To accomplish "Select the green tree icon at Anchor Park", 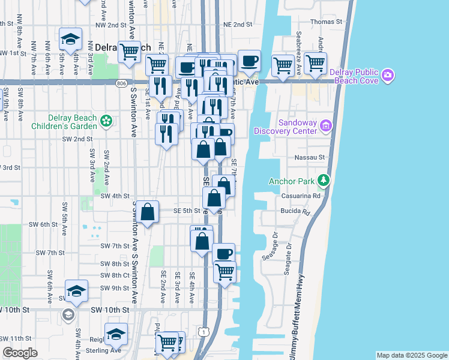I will pos(324,180).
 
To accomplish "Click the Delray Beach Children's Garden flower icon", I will pos(106,121).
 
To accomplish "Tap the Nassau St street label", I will pos(310,157).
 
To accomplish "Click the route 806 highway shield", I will pos(122,83).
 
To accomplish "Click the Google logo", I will pos(20,353).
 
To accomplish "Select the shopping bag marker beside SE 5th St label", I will pos(147,212).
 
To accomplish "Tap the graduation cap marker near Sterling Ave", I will pos(116,334).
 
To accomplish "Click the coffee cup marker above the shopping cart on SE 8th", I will pos(224,254).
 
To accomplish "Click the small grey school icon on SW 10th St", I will pos(68,314).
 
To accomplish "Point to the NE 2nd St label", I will pos(237,25).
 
